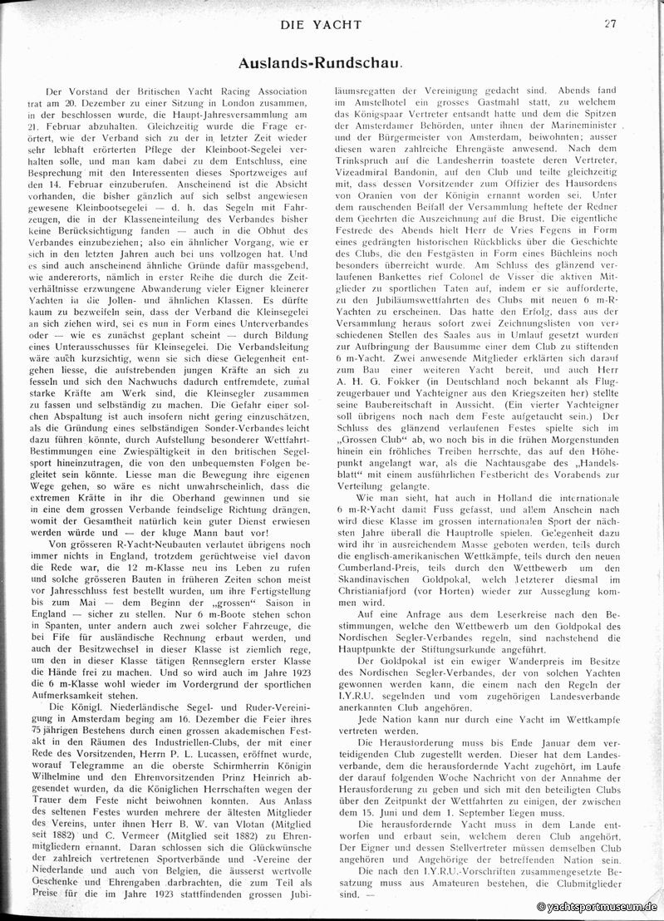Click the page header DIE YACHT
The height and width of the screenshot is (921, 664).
(331, 24)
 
